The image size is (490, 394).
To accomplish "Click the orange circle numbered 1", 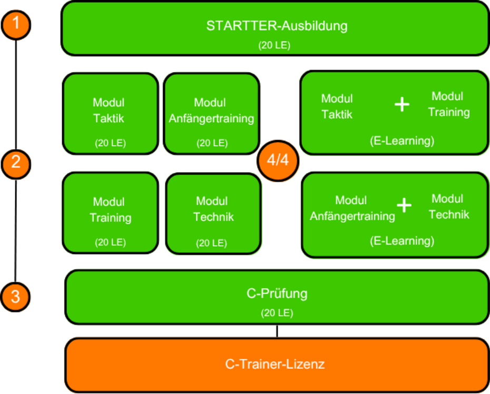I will (16, 24).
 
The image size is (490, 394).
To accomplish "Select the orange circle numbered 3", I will (16, 297).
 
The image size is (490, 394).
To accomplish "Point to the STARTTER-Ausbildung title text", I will (277, 25).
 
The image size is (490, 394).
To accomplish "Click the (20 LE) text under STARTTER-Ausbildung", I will (274, 45).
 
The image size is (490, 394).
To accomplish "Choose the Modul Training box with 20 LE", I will (110, 213).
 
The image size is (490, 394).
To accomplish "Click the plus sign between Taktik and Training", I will (402, 104).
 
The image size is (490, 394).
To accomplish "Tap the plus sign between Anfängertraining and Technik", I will (404, 205).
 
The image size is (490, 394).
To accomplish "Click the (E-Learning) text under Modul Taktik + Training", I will (402, 141).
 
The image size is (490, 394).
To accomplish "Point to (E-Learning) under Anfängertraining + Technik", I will (402, 241).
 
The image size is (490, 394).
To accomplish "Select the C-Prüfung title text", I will (277, 293).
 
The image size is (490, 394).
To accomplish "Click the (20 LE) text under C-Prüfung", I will (277, 313).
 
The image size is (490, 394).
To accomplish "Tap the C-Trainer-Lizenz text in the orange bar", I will (275, 364).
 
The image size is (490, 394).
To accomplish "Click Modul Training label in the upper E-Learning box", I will (448, 104).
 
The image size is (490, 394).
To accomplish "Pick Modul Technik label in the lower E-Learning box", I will (448, 206).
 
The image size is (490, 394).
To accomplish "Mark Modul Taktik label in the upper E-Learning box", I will (337, 106).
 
